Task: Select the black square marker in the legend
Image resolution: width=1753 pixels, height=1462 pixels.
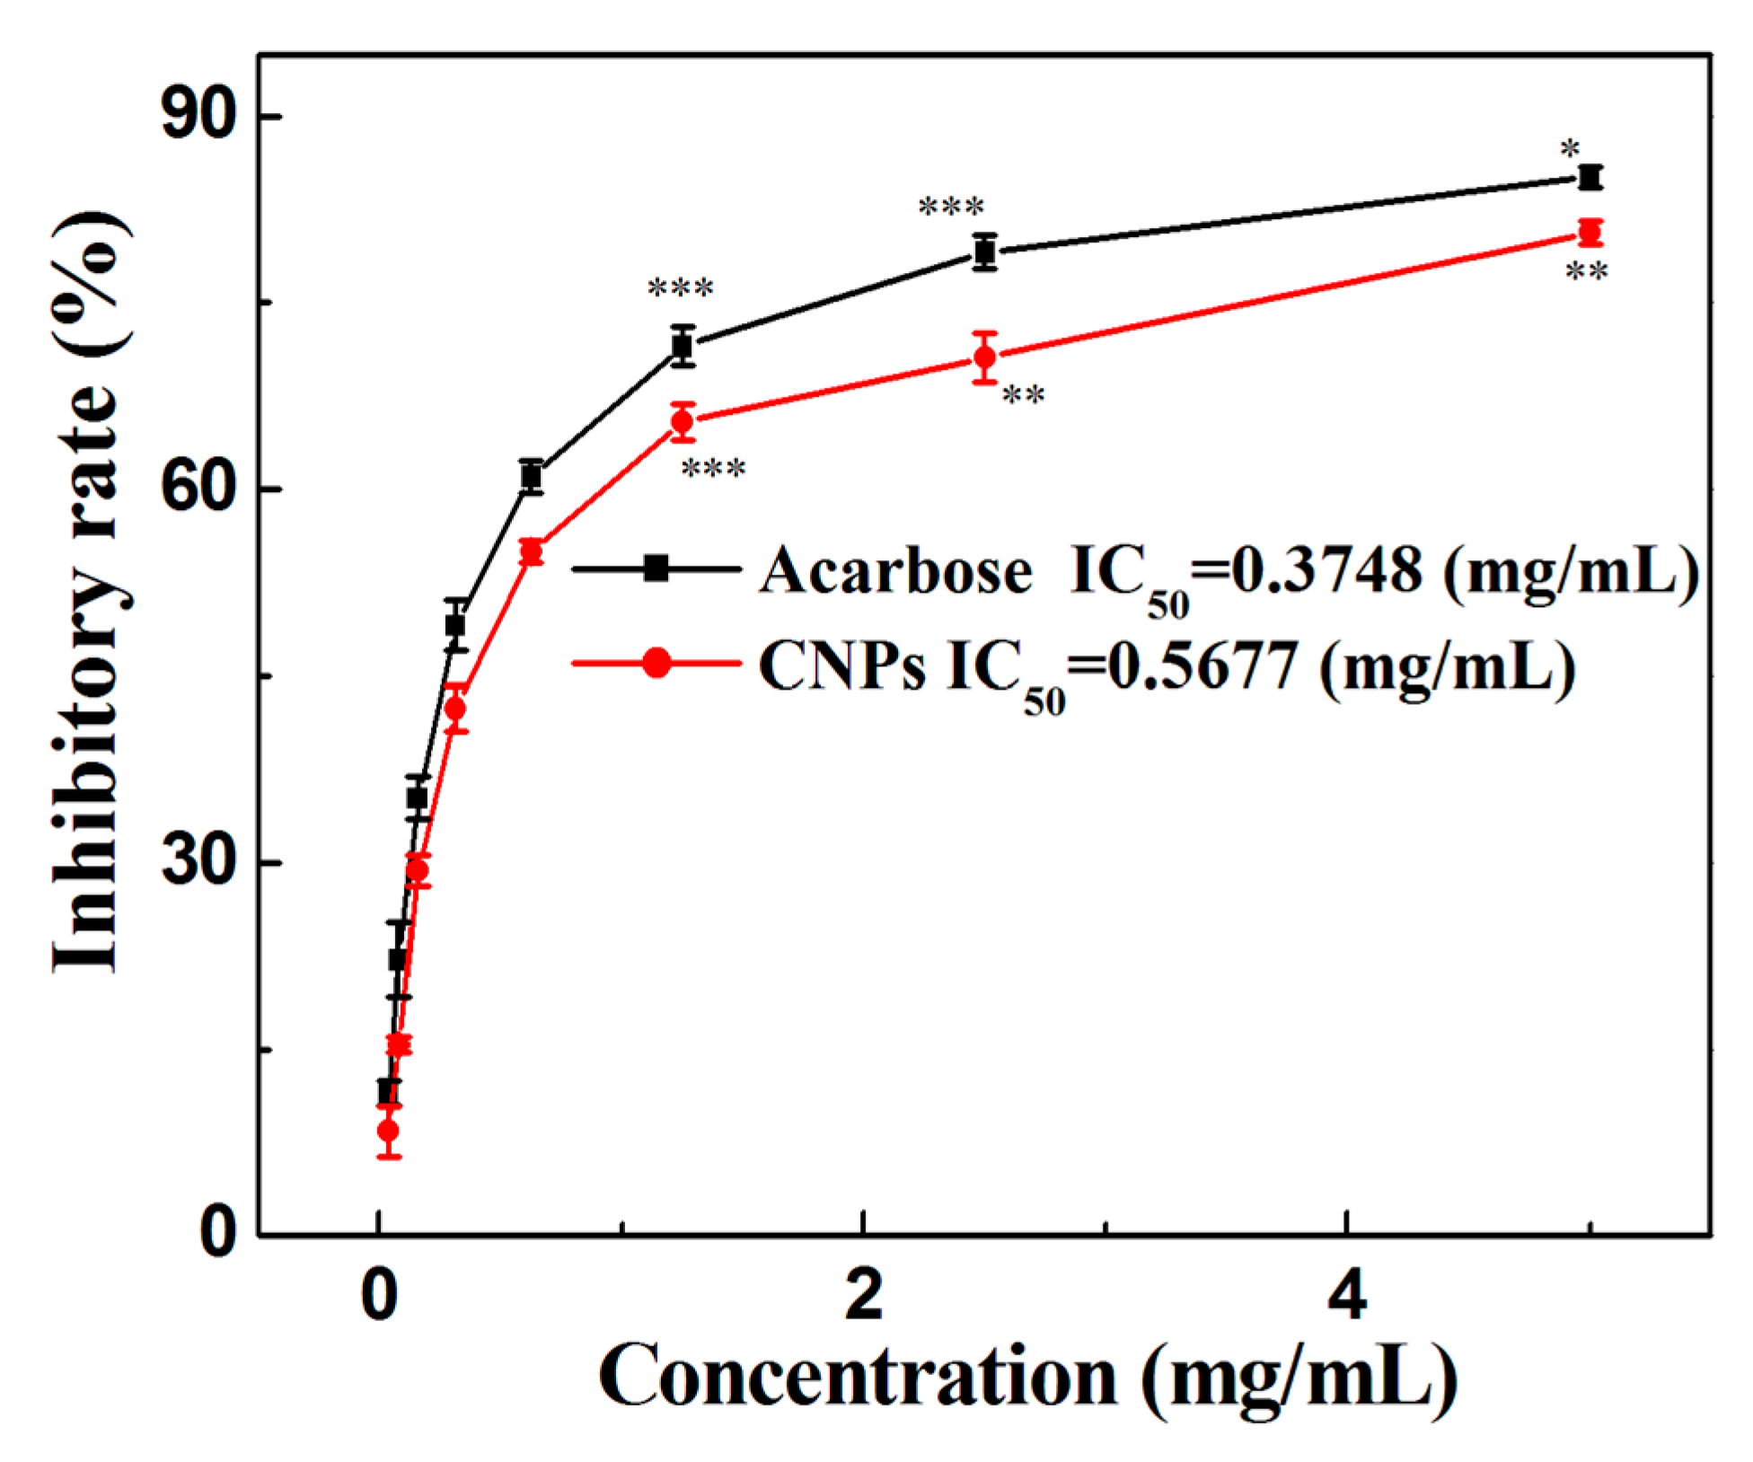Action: tap(656, 568)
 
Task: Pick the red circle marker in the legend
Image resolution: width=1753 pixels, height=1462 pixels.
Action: tap(656, 664)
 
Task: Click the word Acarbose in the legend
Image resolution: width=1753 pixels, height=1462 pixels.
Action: tap(895, 570)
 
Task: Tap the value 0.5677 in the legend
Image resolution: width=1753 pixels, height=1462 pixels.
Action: tap(1201, 665)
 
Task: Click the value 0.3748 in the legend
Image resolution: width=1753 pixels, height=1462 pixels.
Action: tap(1325, 570)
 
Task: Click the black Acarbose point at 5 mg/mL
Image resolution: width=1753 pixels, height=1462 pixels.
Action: tap(1590, 177)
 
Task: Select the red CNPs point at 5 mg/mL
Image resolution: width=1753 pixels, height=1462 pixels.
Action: tap(1590, 233)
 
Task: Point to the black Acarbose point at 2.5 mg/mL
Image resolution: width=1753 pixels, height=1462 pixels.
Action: tap(985, 252)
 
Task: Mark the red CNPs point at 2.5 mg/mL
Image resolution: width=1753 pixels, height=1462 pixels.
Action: tap(985, 357)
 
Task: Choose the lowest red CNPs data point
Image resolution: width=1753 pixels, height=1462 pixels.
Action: tap(388, 1131)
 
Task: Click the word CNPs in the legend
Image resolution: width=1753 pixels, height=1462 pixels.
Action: tap(841, 665)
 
